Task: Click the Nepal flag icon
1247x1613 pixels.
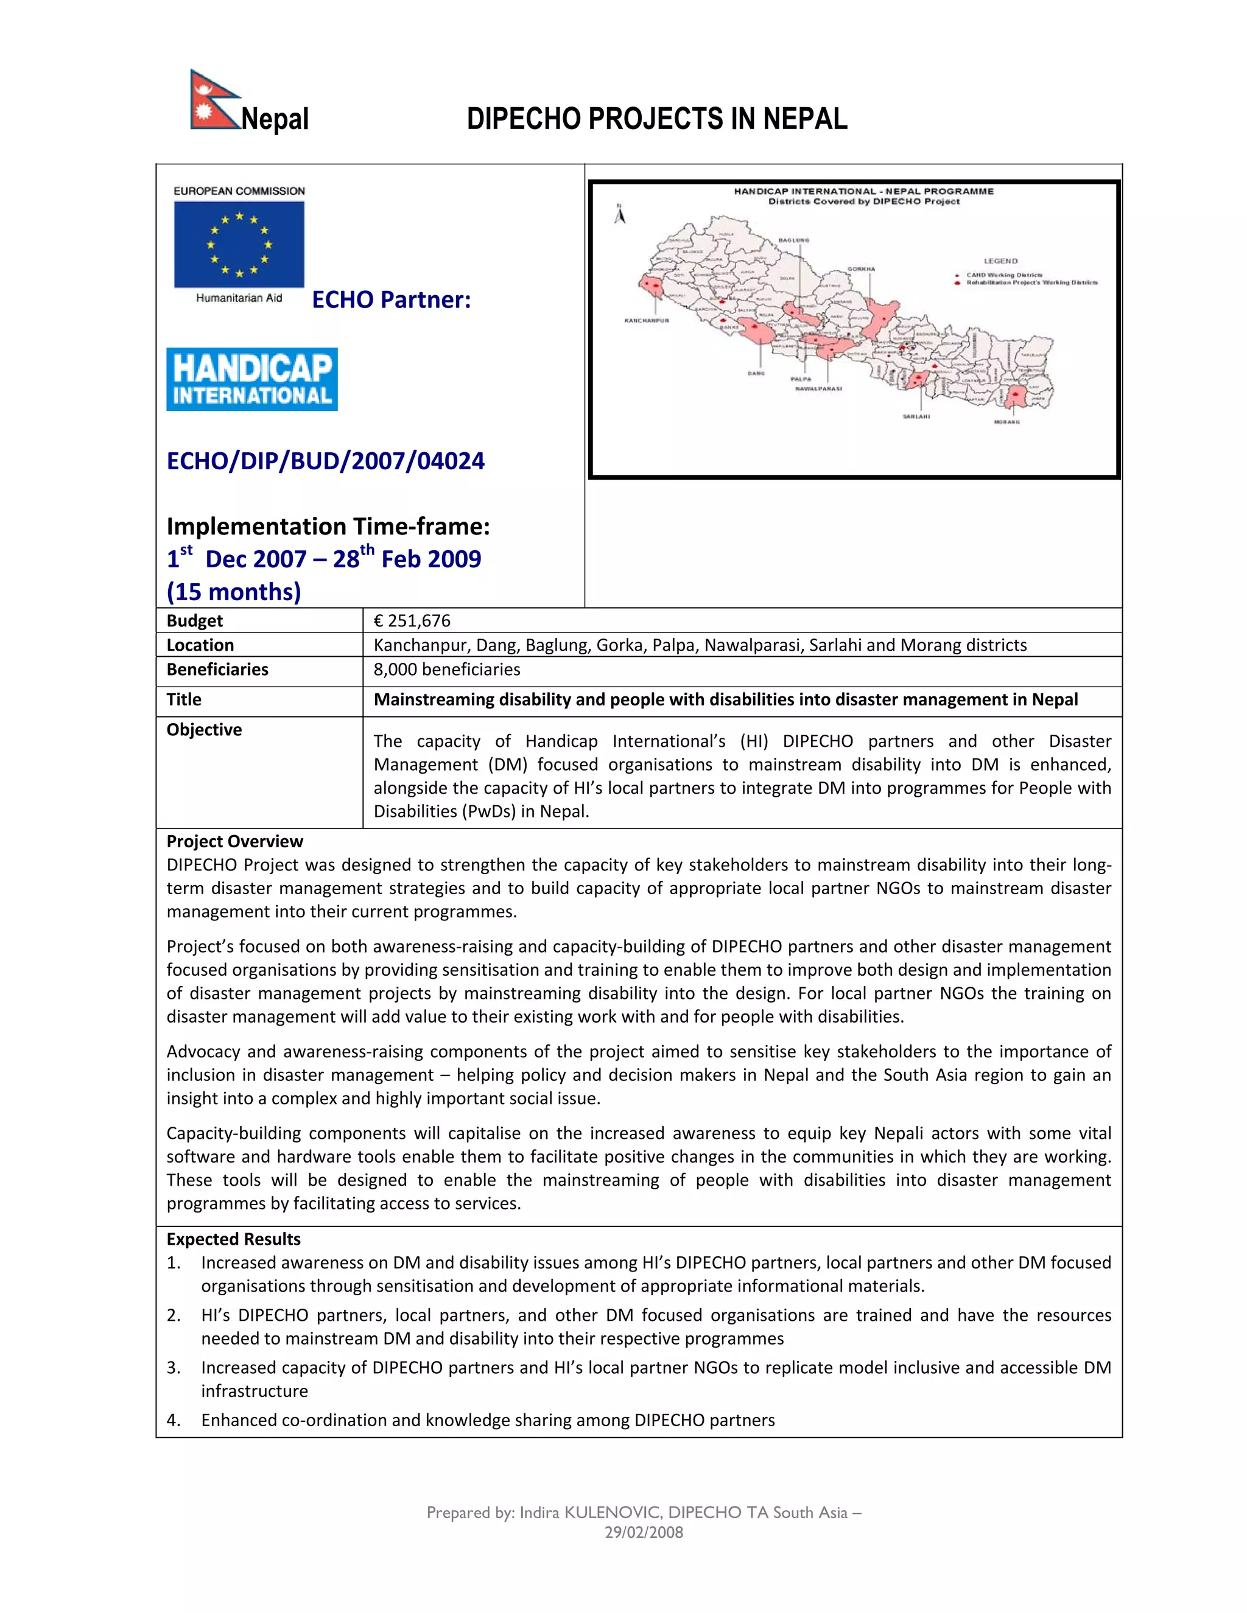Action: coord(214,100)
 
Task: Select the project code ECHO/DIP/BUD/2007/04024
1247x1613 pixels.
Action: coord(326,461)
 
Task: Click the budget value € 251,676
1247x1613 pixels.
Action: coord(412,621)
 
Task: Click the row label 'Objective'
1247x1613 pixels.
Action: coord(204,730)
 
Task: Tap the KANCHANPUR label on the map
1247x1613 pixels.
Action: coord(647,321)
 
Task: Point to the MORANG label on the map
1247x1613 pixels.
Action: coord(1007,422)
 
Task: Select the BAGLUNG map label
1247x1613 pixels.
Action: coord(794,240)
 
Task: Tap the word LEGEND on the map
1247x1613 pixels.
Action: coord(1000,261)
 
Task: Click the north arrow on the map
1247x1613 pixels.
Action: coord(621,214)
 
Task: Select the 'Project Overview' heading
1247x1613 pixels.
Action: coord(234,842)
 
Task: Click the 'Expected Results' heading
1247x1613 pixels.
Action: coord(233,1239)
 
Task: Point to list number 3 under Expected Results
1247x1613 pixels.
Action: coord(174,1368)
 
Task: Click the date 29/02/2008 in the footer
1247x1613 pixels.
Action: coord(644,1533)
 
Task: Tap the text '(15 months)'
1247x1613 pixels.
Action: coord(233,592)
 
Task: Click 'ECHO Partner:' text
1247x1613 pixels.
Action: coord(391,300)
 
